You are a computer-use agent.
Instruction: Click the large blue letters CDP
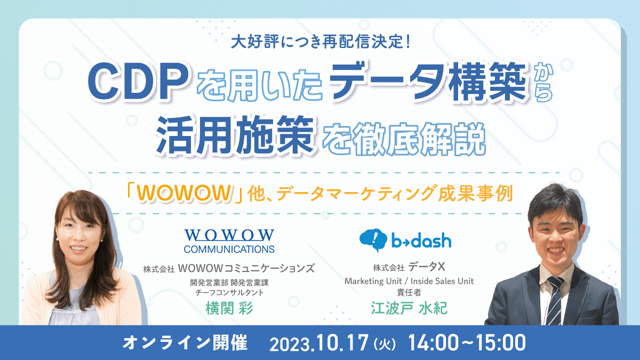[138, 83]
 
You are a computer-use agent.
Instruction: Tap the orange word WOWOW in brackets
[183, 194]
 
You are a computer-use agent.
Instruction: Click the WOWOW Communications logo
[229, 241]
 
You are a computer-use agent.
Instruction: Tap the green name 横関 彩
[229, 309]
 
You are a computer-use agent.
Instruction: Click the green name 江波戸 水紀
[409, 309]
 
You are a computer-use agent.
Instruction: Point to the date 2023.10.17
[319, 343]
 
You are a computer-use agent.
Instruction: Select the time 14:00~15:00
[467, 342]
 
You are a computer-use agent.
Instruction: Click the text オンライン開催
[185, 342]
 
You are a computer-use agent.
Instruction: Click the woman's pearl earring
[57, 239]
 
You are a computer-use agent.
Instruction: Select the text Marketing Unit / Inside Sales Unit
[409, 281]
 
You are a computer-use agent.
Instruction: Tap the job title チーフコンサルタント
[229, 293]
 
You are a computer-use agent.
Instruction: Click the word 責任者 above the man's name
[409, 293]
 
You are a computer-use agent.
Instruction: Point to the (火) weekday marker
[385, 344]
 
